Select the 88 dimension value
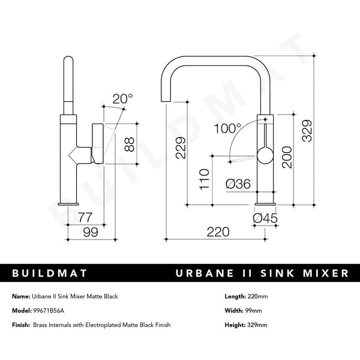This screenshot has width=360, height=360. pos(128,143)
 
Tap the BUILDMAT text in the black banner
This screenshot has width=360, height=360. pos(50,273)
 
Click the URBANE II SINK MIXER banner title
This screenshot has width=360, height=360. pos(261,273)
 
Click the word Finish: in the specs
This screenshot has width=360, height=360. pos(21,325)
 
